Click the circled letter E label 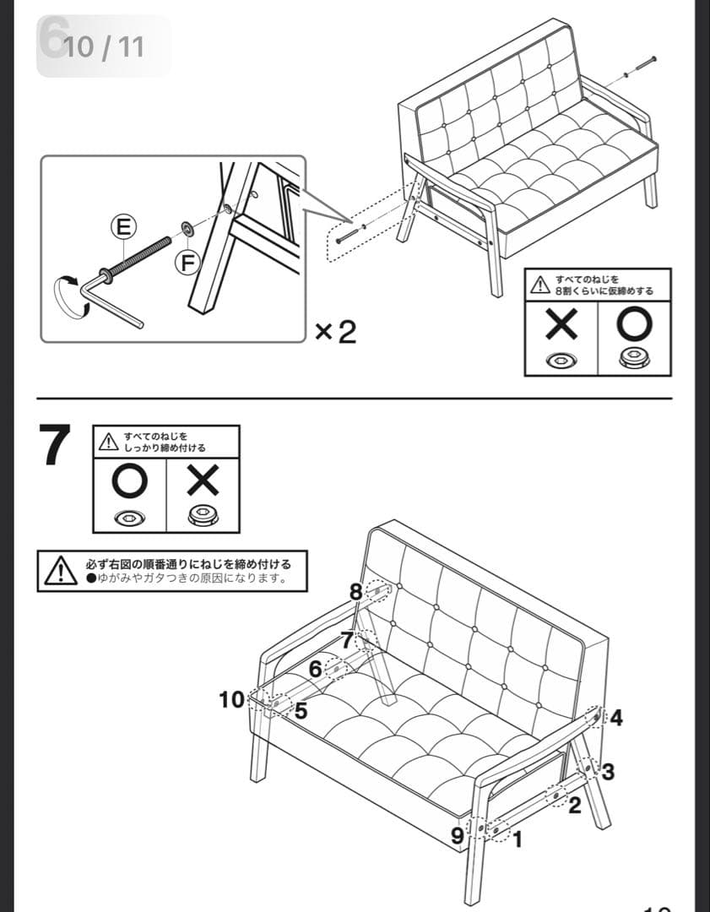coord(124,226)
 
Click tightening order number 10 coord(231,699)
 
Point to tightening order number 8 coord(355,592)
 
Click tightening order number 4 coord(616,719)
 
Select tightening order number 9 coord(457,835)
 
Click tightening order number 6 coord(316,669)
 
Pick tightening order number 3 coord(608,770)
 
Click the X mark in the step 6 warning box coord(561,323)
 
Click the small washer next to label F coord(186,228)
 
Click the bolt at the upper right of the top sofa coord(645,63)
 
